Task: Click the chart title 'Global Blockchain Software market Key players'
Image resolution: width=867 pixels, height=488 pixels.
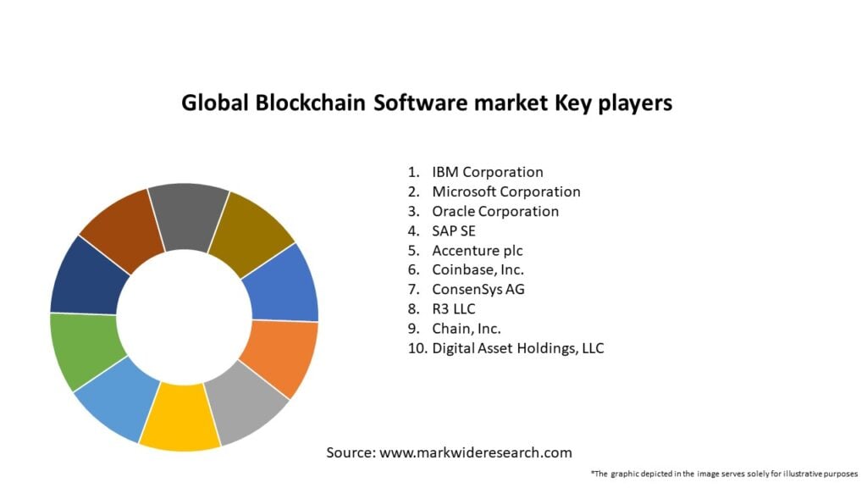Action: coord(427,103)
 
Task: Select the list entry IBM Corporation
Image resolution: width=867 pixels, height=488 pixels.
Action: coord(487,172)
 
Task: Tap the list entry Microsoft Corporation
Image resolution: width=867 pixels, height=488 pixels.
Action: coord(505,191)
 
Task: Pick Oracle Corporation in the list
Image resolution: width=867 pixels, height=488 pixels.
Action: coord(495,211)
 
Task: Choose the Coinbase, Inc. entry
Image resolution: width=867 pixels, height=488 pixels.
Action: coord(478,269)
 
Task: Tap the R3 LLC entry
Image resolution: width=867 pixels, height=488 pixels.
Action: coord(454,308)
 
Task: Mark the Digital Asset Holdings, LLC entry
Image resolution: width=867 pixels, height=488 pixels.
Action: coord(517,347)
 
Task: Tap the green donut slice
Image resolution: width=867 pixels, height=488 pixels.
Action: coord(83,348)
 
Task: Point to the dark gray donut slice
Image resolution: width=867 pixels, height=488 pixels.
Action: coord(189,214)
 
